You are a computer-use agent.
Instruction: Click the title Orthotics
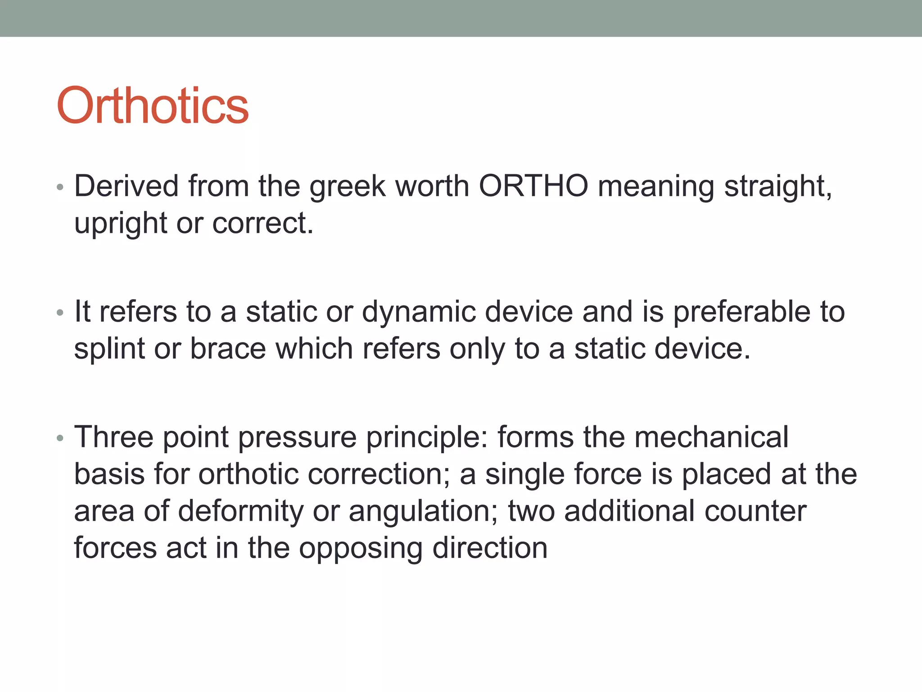[x=152, y=106]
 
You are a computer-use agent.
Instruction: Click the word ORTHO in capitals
[x=533, y=186]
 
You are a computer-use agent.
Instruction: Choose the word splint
[x=109, y=349]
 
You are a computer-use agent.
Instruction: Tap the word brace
[x=228, y=349]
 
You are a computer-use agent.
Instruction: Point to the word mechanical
[x=711, y=437]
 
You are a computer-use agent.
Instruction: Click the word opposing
[x=361, y=549]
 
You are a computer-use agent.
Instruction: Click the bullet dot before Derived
[x=60, y=187]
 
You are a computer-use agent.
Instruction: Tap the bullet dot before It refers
[x=60, y=312]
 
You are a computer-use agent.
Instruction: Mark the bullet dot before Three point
[x=60, y=437]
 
